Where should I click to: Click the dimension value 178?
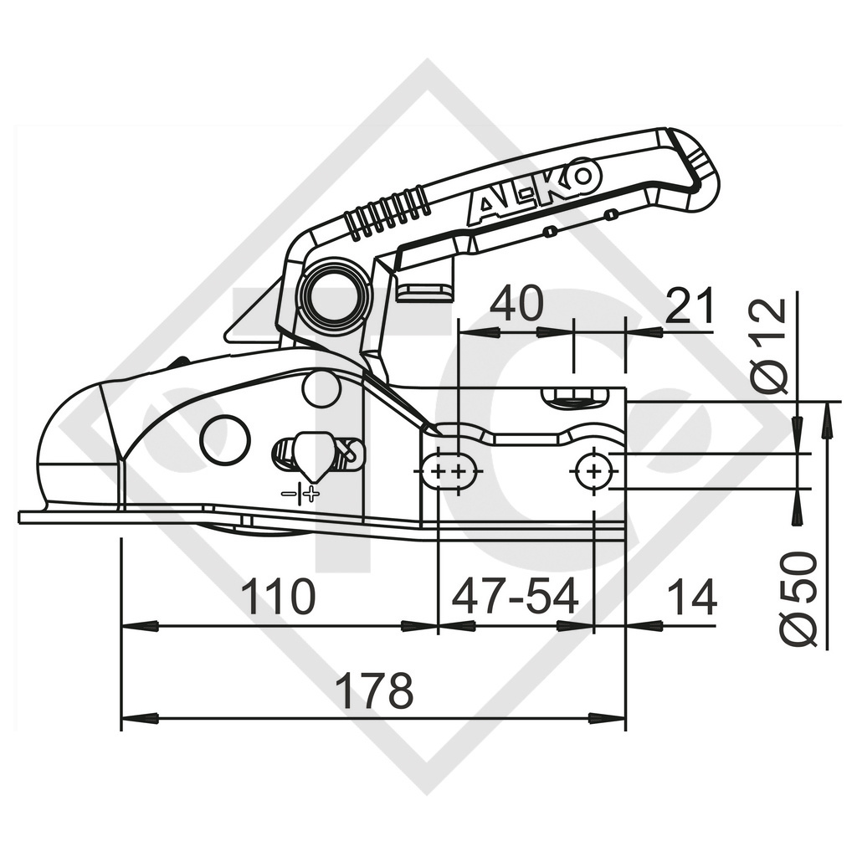click(x=374, y=691)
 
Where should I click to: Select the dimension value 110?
click(x=278, y=598)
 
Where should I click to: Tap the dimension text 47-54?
click(x=515, y=598)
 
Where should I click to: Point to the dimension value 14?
click(x=692, y=598)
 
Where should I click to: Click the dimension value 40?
click(x=516, y=305)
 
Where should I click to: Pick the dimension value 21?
click(x=692, y=305)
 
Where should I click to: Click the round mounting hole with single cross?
click(x=593, y=472)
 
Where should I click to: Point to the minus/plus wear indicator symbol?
click(x=300, y=494)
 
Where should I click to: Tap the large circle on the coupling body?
click(x=226, y=439)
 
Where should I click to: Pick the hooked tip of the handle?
click(x=700, y=167)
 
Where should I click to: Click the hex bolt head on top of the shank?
click(x=575, y=397)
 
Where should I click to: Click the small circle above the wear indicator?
click(x=321, y=388)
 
